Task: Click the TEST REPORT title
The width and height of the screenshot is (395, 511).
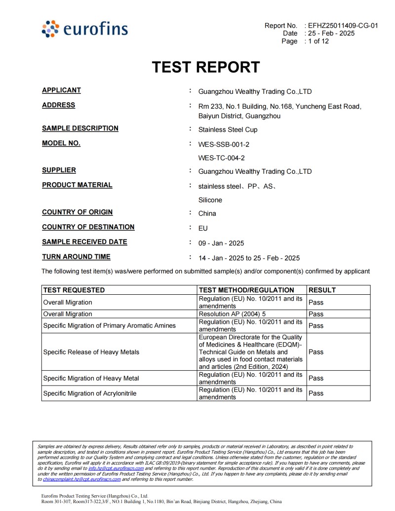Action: [x=205, y=67]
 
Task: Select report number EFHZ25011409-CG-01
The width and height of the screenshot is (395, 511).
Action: [x=343, y=26]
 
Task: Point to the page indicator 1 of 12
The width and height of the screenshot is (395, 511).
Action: [x=318, y=41]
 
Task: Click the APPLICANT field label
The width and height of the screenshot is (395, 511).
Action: [x=61, y=90]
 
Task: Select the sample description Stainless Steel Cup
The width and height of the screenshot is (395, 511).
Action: [x=228, y=130]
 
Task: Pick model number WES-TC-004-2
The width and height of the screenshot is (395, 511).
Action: [x=221, y=158]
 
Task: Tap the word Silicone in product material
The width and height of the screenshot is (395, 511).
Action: [x=210, y=200]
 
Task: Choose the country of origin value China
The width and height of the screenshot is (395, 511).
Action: [x=207, y=214]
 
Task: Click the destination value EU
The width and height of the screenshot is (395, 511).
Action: [x=203, y=229]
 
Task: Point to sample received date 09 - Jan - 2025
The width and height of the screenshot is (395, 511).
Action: [x=221, y=243]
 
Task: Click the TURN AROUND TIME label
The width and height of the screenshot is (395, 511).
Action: [x=76, y=257]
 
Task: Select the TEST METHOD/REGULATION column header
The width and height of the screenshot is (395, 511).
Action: [x=246, y=290]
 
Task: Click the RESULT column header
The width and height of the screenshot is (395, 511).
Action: [x=322, y=290]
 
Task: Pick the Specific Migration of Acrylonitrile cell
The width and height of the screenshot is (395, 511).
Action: [x=90, y=393]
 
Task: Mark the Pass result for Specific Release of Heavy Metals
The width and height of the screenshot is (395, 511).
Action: [x=316, y=352]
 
